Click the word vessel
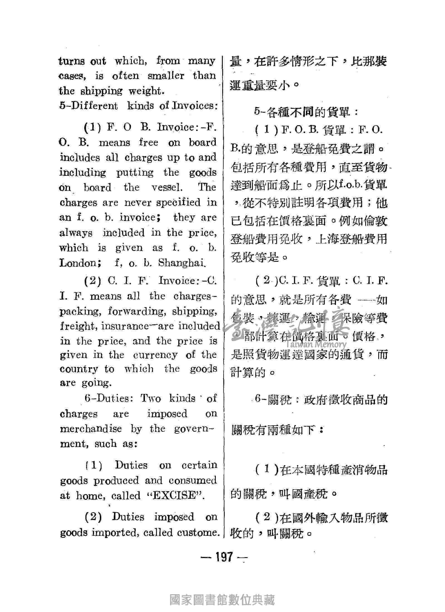(x=167, y=187)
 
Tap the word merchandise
(x=91, y=429)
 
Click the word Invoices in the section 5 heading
(x=194, y=105)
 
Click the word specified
(x=178, y=203)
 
